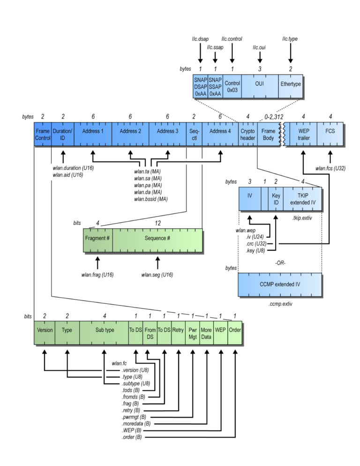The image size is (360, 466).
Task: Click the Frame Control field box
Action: click(42, 135)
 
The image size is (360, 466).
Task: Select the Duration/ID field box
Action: click(62, 135)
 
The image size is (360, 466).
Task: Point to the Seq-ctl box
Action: click(194, 135)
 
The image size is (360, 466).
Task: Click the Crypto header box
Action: click(247, 135)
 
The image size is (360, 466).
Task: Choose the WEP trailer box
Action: click(304, 135)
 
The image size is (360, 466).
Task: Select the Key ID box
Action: click(276, 199)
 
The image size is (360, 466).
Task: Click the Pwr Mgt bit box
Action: click(192, 332)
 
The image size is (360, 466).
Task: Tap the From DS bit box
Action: click(150, 332)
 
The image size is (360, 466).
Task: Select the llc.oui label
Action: click(259, 47)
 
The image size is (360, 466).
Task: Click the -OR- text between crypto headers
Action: click(280, 263)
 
